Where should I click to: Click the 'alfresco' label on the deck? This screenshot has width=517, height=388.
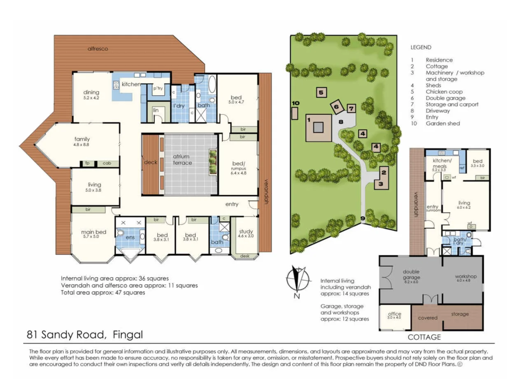(98, 49)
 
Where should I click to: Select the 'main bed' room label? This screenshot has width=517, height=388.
(93, 232)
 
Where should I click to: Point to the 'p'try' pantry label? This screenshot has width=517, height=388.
(158, 88)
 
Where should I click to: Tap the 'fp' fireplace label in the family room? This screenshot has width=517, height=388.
(87, 163)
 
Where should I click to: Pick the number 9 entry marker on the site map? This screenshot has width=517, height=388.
(362, 218)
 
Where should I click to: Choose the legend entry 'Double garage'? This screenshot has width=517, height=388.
(445, 98)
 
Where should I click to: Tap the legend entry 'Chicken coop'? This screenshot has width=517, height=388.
(444, 92)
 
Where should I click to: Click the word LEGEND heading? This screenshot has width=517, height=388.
(421, 47)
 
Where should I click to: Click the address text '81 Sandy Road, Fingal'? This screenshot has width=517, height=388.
(85, 334)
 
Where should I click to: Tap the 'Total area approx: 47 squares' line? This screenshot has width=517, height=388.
(103, 292)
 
